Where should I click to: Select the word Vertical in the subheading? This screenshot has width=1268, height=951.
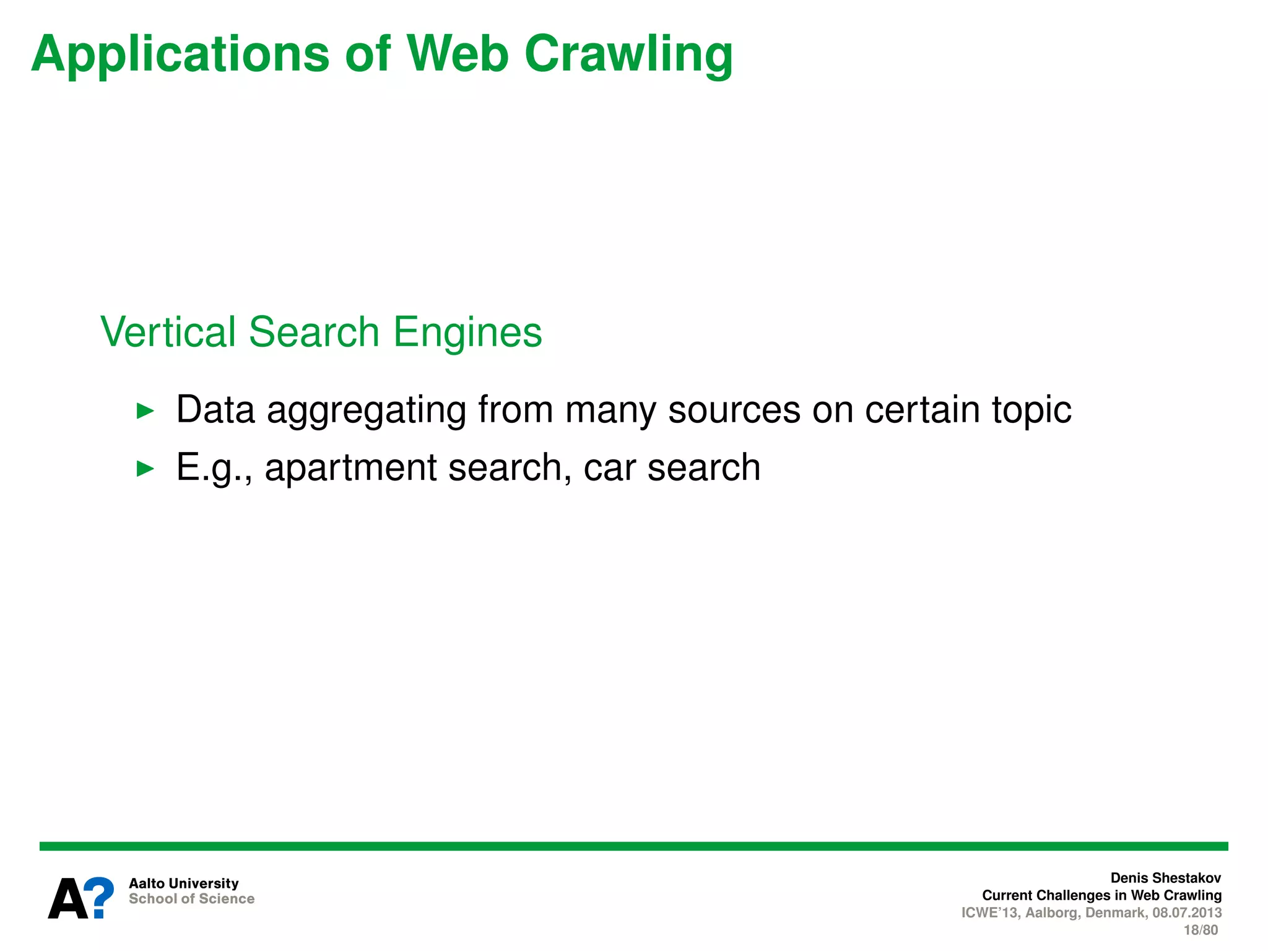pos(168,332)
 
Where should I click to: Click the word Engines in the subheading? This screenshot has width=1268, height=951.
pos(467,333)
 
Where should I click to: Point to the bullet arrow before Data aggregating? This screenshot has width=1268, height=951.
pos(145,410)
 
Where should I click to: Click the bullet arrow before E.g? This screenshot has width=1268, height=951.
pos(145,468)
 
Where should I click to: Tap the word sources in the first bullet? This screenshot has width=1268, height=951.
pos(734,410)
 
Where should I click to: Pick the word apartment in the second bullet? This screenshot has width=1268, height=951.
pos(350,468)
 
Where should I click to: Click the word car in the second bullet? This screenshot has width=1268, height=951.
pos(610,468)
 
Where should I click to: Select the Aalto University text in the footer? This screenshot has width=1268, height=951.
pos(183,884)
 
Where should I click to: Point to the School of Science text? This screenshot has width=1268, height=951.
pos(191,899)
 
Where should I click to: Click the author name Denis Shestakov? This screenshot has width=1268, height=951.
pos(1165,878)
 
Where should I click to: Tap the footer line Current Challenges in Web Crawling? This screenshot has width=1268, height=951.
pos(1101,895)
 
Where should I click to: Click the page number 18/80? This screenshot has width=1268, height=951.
pos(1201,930)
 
